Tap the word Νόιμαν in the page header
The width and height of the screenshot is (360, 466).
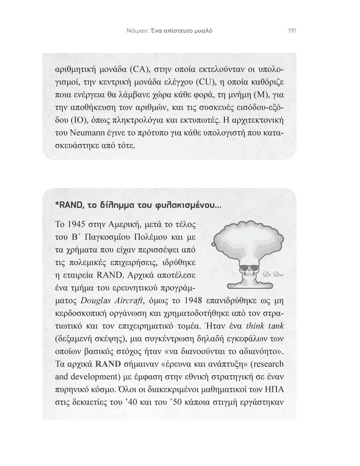[132, 31]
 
